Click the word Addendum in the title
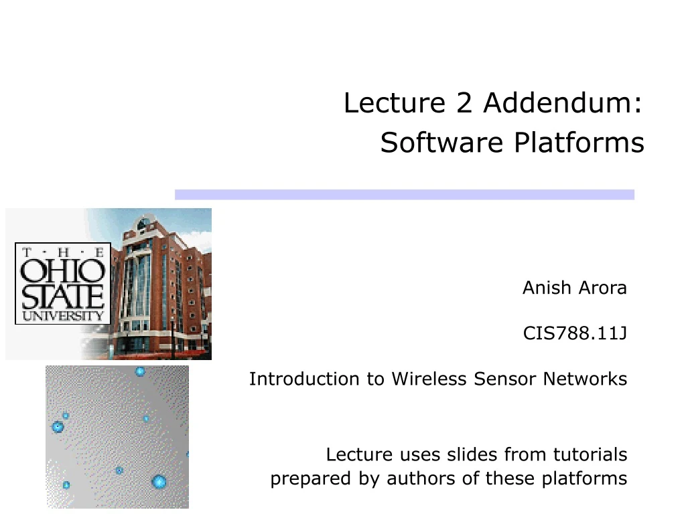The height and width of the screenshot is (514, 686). click(561, 104)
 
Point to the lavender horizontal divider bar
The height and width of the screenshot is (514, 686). click(404, 194)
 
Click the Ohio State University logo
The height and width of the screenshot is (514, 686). click(63, 283)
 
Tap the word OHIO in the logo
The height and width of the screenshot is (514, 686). click(63, 272)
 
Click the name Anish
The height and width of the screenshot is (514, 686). click(546, 288)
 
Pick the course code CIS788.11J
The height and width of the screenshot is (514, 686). click(575, 333)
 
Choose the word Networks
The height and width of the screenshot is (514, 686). click(585, 379)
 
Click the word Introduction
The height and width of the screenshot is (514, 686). click(305, 379)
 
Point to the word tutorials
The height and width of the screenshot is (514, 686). click(590, 455)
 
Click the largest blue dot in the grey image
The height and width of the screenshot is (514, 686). click(159, 481)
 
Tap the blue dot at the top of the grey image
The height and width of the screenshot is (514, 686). click(140, 371)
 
